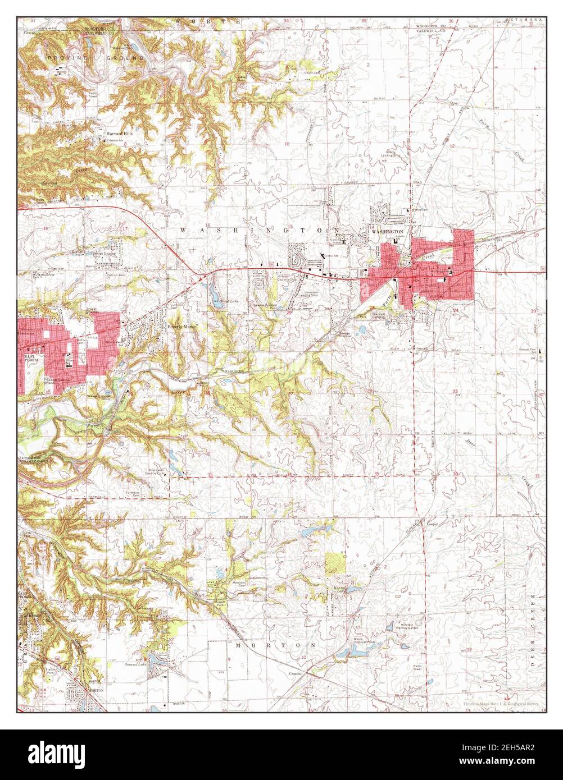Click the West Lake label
pyautogui.click(x=221, y=302)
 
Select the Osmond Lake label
pyautogui.click(x=136, y=664)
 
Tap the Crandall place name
pyautogui.click(x=296, y=673)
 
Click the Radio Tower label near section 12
pyautogui.click(x=417, y=668)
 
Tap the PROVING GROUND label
pyautogui.click(x=96, y=58)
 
